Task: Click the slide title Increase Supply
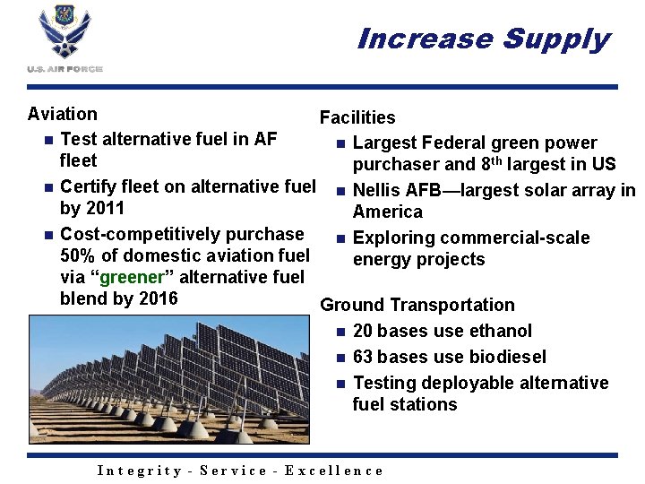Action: pyautogui.click(x=482, y=39)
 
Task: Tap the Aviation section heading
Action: pyautogui.click(x=63, y=114)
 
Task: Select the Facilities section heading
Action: pyautogui.click(x=357, y=117)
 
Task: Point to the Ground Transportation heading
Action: pyautogui.click(x=417, y=306)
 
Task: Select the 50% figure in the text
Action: pyautogui.click(x=79, y=255)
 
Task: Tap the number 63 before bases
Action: pyautogui.click(x=364, y=357)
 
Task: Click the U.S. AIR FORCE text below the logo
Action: pyautogui.click(x=64, y=69)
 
